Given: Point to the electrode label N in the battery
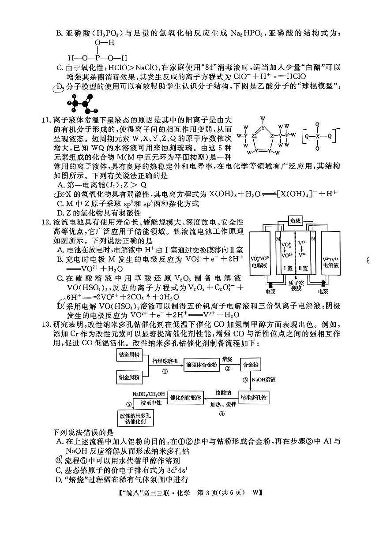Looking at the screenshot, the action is [313, 239].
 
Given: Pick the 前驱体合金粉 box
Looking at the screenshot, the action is [202, 365].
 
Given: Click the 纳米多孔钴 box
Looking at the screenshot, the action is [255, 397].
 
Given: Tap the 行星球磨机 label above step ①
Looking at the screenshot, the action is [165, 361].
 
